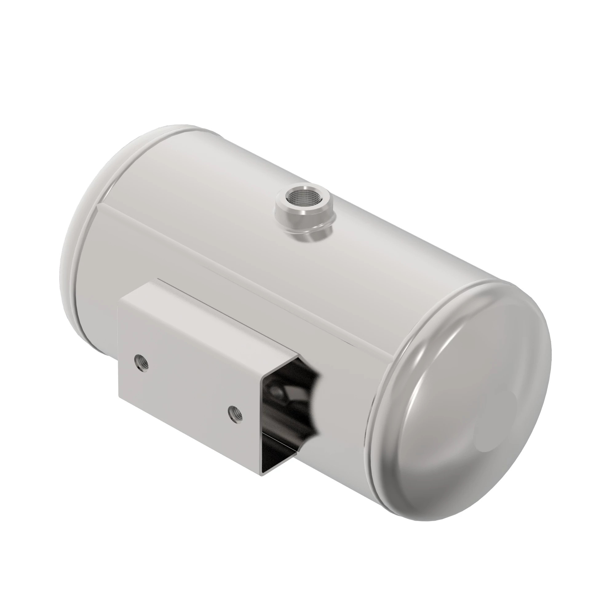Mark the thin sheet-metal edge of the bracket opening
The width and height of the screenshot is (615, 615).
pyautogui.click(x=262, y=430)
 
